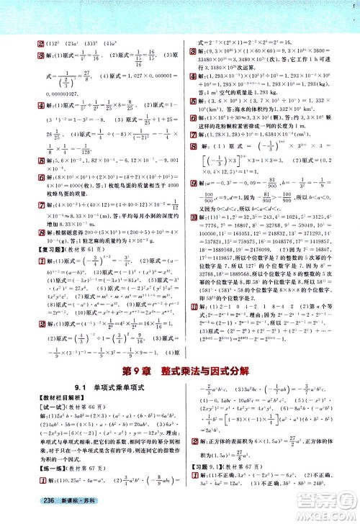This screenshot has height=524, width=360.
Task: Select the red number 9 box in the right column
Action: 192,173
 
